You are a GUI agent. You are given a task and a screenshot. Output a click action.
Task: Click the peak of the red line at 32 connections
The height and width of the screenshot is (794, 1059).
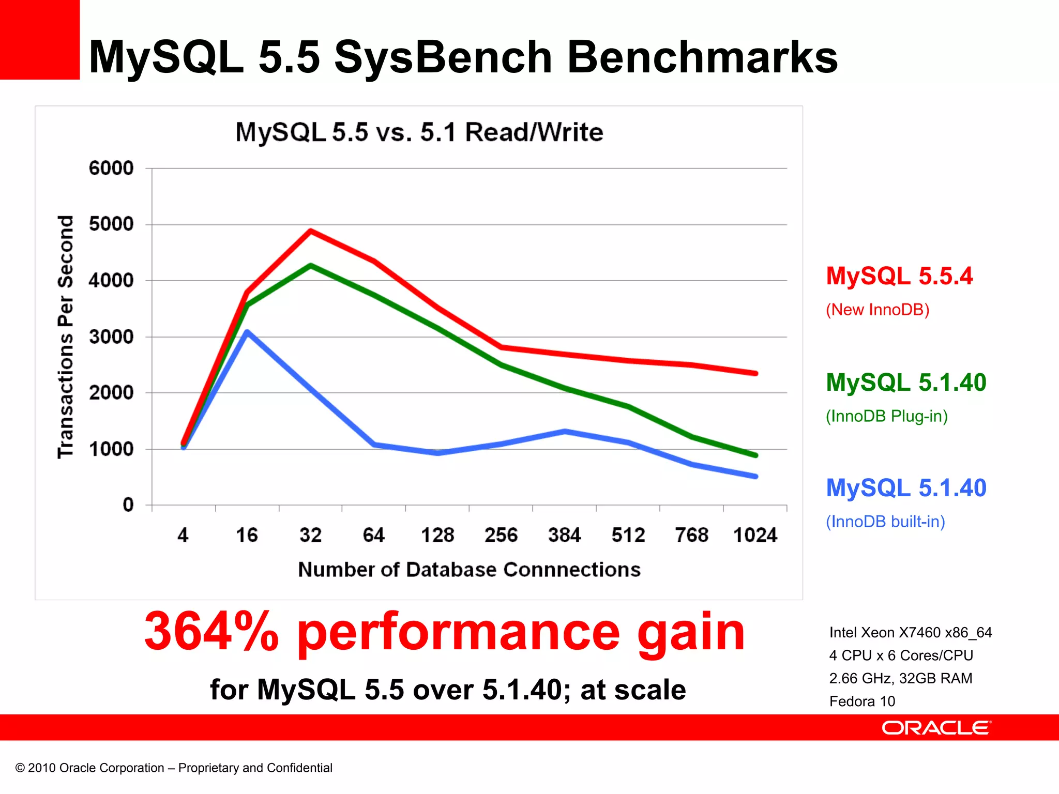(x=310, y=231)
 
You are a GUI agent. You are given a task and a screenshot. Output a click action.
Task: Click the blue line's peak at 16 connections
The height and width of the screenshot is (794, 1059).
(x=247, y=332)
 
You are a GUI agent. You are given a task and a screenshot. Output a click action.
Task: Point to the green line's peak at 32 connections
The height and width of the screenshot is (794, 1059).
(x=310, y=266)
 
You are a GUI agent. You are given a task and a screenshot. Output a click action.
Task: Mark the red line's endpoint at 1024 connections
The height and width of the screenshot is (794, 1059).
(x=755, y=373)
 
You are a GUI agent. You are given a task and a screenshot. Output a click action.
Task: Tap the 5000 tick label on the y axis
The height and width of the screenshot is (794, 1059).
(x=111, y=224)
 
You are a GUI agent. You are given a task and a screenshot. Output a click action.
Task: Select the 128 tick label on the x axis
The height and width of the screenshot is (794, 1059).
(x=437, y=535)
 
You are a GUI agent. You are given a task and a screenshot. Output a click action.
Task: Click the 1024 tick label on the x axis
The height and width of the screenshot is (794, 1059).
(x=755, y=535)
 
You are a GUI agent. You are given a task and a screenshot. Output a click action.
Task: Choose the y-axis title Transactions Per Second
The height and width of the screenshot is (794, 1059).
(x=66, y=337)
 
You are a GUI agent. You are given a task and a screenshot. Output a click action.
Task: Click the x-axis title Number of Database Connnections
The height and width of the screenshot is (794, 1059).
(x=469, y=570)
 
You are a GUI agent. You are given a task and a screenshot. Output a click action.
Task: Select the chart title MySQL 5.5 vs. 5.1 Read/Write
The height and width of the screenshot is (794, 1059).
(x=419, y=132)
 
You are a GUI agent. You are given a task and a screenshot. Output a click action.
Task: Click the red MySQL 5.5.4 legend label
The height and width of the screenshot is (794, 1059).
(x=899, y=276)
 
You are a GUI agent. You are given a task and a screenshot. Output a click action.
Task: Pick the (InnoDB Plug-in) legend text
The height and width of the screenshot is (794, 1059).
(x=886, y=416)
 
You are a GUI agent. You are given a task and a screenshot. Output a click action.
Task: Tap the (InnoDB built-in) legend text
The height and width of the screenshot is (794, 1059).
(x=885, y=522)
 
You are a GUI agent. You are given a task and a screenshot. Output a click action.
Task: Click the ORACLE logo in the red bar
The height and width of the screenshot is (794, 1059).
(x=936, y=728)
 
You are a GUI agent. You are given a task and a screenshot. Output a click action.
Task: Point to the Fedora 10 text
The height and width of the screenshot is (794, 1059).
(x=862, y=701)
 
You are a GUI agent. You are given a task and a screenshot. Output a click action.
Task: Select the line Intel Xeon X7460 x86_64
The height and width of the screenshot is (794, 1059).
(x=910, y=633)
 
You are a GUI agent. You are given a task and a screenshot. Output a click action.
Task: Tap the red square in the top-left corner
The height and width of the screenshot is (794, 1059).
(x=39, y=39)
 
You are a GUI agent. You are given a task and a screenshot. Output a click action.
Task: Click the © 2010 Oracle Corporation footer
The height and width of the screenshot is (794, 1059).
(x=174, y=768)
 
